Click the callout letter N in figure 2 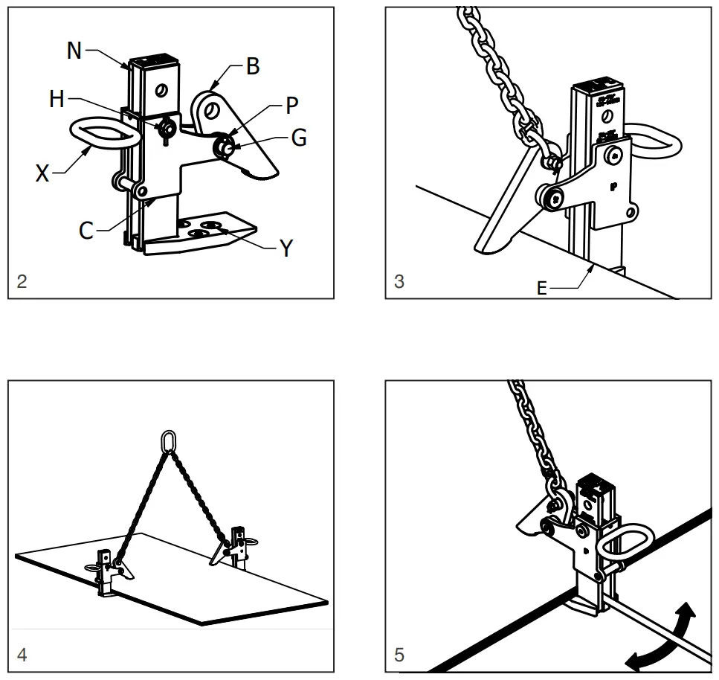[x=74, y=51]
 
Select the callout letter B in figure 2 [x=253, y=66]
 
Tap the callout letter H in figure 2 [x=57, y=99]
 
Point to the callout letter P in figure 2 [x=291, y=106]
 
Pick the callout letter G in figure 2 [x=298, y=138]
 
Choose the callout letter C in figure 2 [x=86, y=230]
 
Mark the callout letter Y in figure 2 [x=286, y=249]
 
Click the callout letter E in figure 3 [x=541, y=288]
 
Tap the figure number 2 [x=22, y=282]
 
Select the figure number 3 [x=399, y=282]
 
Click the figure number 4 [x=22, y=655]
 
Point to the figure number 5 [x=399, y=655]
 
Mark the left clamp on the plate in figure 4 [x=109, y=570]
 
